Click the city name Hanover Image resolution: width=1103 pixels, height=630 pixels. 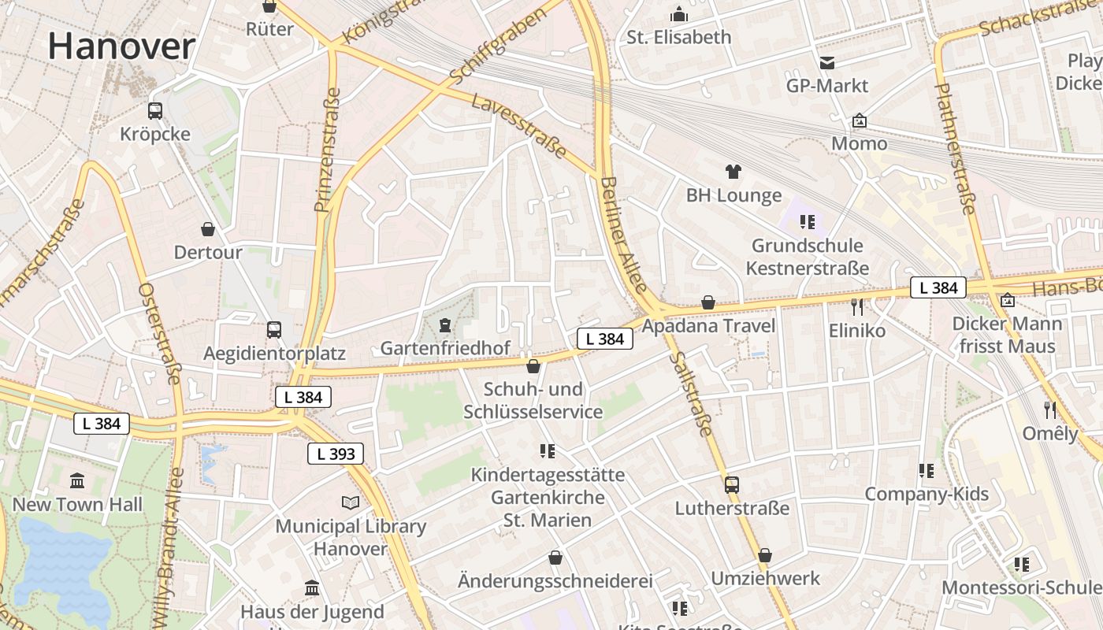(x=121, y=46)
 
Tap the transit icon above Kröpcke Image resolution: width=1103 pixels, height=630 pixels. (x=155, y=111)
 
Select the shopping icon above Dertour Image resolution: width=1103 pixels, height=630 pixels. (x=208, y=229)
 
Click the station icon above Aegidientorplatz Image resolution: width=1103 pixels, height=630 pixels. (x=274, y=329)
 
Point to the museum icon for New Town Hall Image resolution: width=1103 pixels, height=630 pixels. (x=77, y=480)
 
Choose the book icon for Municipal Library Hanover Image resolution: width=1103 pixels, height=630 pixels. (x=351, y=502)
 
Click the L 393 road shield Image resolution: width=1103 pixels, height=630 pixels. (x=336, y=454)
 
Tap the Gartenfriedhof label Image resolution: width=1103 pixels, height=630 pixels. (x=445, y=348)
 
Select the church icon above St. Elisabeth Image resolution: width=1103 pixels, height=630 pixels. (x=678, y=14)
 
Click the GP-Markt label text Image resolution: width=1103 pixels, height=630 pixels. (x=827, y=85)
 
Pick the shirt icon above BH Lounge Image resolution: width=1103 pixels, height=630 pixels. (x=733, y=172)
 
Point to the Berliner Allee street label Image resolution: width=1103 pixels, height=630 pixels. (x=623, y=234)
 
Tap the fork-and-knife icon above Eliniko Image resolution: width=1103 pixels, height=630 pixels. (x=857, y=306)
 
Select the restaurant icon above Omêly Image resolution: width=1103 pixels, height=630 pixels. (x=1049, y=409)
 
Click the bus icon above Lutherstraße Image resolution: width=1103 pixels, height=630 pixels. (x=732, y=484)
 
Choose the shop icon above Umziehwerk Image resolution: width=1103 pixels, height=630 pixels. (x=765, y=555)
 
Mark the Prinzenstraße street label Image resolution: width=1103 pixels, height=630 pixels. (x=328, y=150)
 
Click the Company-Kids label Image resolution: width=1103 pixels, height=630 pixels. (x=927, y=495)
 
